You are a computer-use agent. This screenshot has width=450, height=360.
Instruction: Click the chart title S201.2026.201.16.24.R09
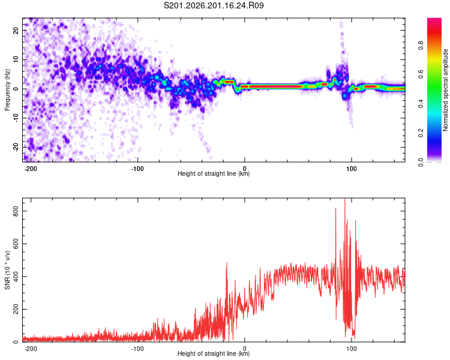tap(214, 5)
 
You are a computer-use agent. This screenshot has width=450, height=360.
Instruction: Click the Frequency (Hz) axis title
tap(7, 90)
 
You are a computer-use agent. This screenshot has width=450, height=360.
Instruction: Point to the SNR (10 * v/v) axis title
tap(7, 270)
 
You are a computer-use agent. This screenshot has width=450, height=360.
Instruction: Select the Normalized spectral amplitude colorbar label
tap(445, 90)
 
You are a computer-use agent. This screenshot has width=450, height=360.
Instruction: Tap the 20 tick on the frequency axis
tap(16, 30)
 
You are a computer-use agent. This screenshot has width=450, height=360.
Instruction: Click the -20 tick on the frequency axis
tap(16, 147)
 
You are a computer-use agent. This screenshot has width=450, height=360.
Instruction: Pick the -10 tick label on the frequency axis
tap(16, 118)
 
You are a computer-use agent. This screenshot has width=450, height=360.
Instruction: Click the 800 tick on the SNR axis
tap(16, 211)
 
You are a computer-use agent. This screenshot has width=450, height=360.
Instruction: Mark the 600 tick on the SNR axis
tap(16, 244)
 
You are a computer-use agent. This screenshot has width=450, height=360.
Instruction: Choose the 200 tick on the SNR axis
tap(16, 309)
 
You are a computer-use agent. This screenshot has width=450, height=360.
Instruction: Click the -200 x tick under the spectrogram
tap(30, 169)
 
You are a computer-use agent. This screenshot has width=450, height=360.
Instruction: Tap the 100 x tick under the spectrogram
tap(351, 169)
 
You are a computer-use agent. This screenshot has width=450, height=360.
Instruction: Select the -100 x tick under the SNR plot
tap(137, 349)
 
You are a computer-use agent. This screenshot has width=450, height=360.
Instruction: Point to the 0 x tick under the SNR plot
tap(245, 349)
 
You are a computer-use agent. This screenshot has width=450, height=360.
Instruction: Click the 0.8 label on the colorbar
tap(421, 46)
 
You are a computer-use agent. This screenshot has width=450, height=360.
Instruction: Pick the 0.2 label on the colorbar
tap(421, 133)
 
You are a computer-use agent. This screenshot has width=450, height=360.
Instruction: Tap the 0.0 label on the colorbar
tap(421, 162)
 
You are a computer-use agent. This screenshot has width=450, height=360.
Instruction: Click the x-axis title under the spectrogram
tap(214, 173)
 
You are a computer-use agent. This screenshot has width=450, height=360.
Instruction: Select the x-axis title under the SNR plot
tap(214, 353)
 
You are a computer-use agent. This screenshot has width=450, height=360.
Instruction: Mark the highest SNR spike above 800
tap(344, 199)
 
